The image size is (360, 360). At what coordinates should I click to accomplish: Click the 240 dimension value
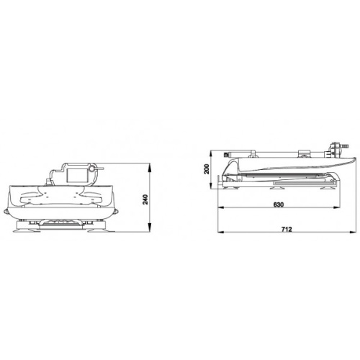(x=145, y=199)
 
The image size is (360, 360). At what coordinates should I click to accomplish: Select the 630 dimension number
(x=279, y=204)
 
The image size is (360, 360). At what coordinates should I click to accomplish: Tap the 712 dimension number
(x=287, y=229)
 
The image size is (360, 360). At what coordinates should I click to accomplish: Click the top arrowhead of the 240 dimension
(x=149, y=167)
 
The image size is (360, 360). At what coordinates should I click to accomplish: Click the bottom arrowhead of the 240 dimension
(x=149, y=228)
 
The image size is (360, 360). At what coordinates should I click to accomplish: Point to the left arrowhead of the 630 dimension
(x=221, y=207)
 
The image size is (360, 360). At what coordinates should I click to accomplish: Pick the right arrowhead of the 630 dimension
(x=336, y=207)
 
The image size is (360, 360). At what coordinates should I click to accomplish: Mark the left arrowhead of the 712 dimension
(x=221, y=232)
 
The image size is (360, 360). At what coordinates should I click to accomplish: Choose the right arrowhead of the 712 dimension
(x=352, y=232)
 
